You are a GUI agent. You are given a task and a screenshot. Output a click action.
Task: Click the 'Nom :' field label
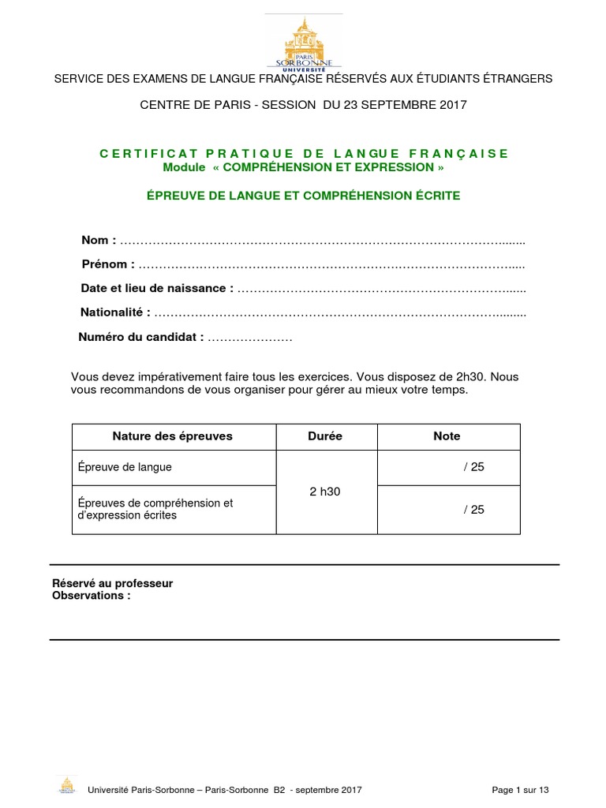(99, 240)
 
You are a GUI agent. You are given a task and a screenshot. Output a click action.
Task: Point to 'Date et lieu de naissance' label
(157, 289)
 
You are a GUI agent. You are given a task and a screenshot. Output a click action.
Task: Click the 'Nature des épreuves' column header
(173, 436)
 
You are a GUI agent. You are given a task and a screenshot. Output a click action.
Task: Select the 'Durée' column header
(325, 436)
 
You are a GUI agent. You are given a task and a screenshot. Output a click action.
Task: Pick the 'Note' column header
(447, 436)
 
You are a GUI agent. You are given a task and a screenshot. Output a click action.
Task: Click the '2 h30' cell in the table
(325, 491)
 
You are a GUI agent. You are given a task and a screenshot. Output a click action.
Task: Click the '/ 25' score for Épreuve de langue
(473, 467)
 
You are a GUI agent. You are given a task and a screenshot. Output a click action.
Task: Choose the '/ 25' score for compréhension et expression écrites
(473, 510)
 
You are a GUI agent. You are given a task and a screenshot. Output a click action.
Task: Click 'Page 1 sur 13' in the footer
(519, 790)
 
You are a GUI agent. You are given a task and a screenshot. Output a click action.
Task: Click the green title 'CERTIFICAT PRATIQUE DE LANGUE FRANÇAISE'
(304, 153)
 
